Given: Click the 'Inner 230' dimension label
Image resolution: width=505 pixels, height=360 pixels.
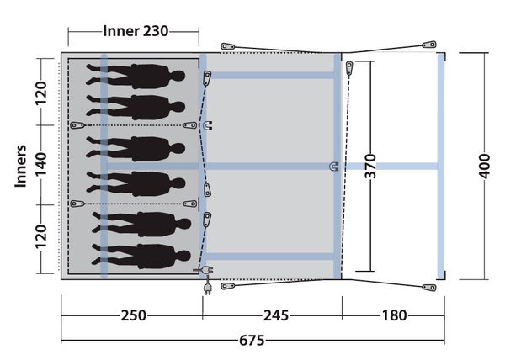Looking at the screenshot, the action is [x=136, y=31].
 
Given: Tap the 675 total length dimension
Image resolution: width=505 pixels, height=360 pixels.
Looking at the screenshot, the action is [x=252, y=340].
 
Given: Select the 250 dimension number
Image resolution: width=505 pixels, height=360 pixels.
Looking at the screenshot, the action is [x=133, y=315].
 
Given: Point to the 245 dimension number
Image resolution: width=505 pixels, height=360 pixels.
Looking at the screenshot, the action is [x=276, y=315].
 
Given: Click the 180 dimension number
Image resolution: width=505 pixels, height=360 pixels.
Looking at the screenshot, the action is [x=394, y=315].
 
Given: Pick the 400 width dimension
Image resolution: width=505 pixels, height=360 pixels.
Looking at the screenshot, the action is [x=484, y=166].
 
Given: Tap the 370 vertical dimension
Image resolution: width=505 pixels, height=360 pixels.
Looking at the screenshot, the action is [x=370, y=166].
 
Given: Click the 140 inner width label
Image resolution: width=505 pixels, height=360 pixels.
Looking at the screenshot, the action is [x=41, y=164].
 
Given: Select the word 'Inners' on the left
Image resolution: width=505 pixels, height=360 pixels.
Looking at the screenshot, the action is [x=20, y=166].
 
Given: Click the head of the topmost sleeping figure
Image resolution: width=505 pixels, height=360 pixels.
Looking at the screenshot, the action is [x=178, y=77].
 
